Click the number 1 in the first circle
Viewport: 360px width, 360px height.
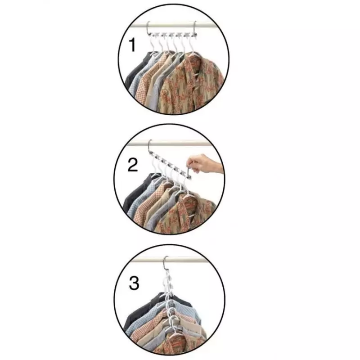(x=132, y=45)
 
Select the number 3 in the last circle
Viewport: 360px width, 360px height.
(x=134, y=284)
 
